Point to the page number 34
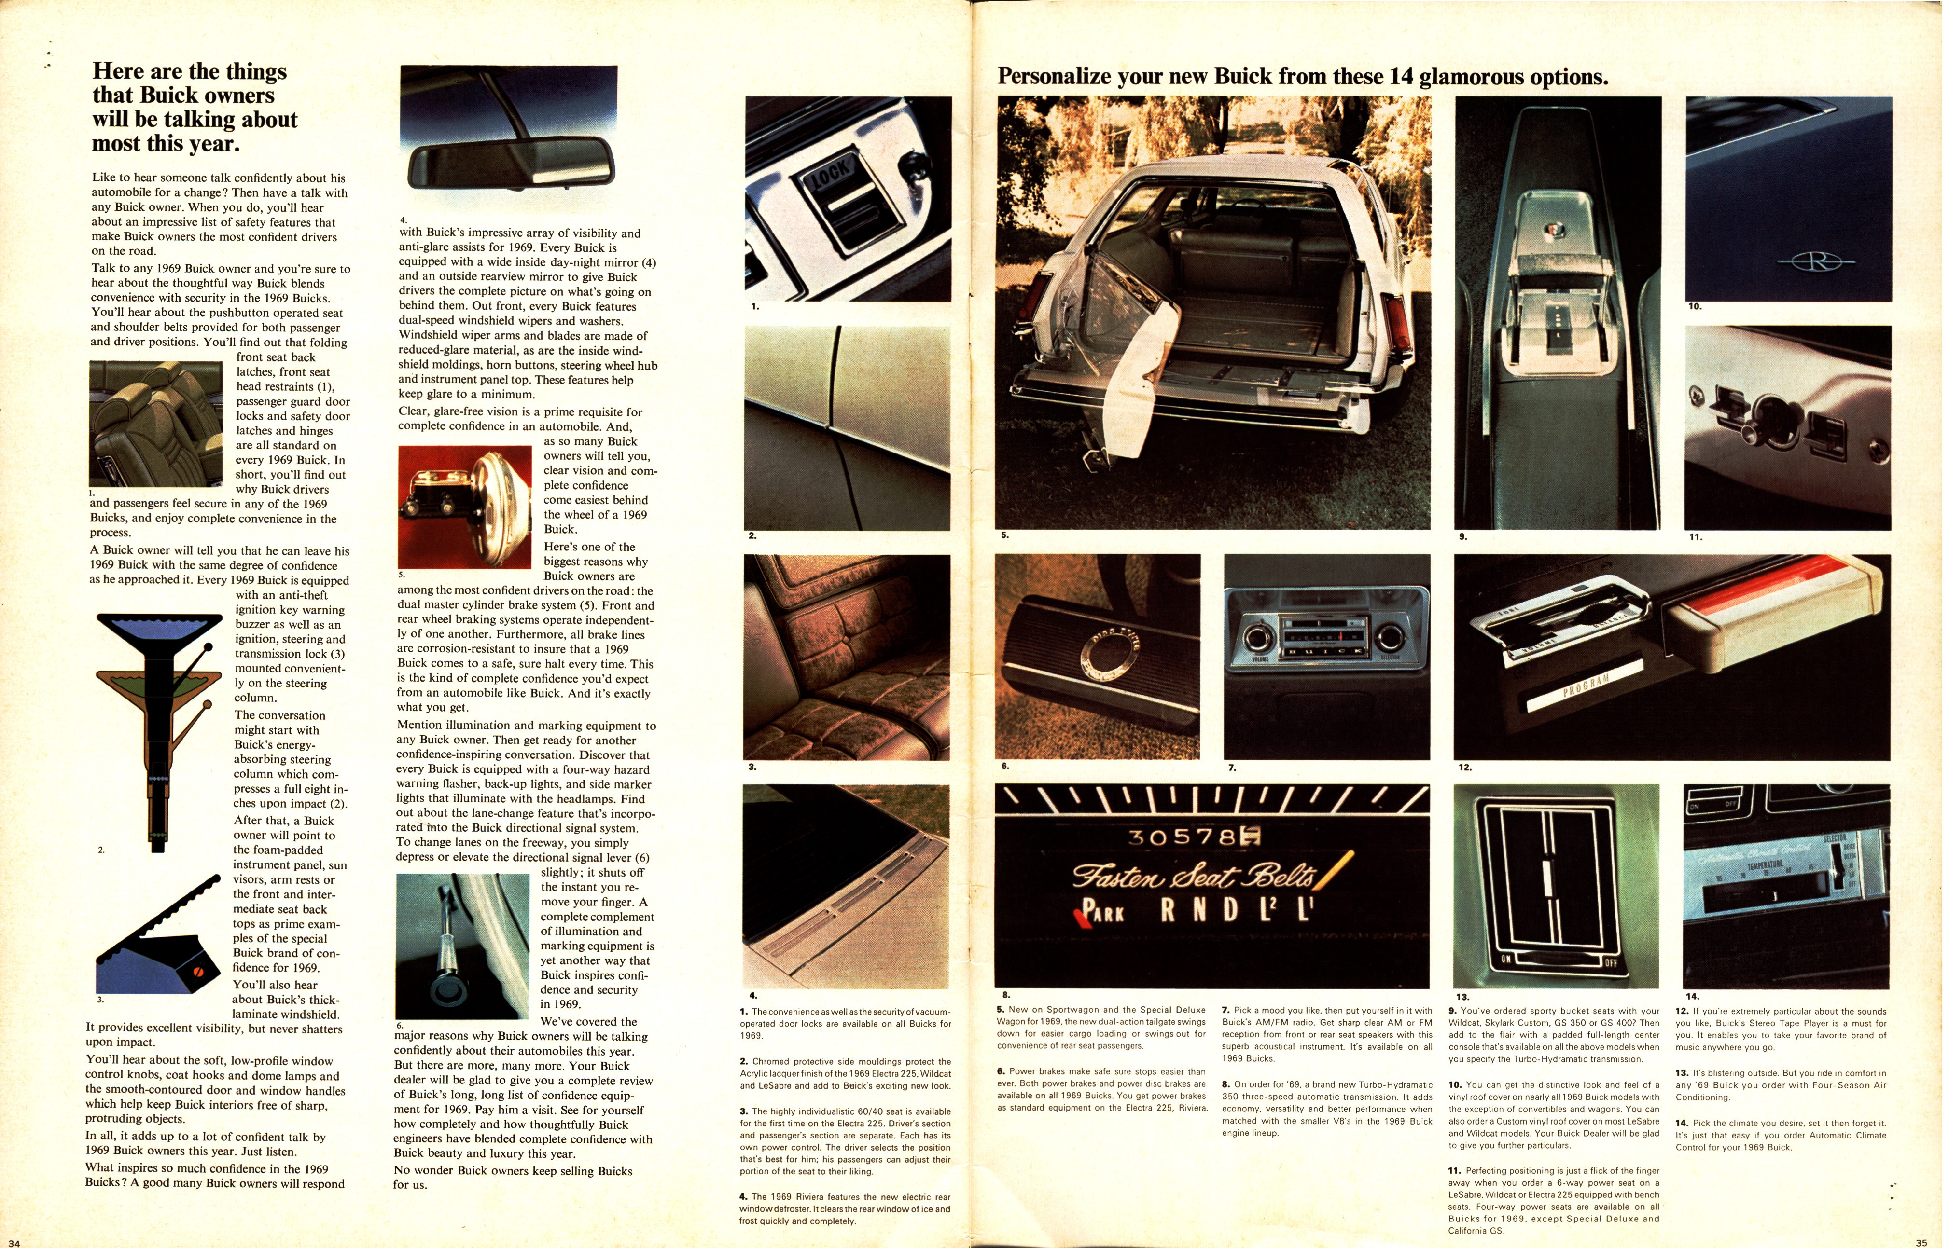[x=14, y=1242]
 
